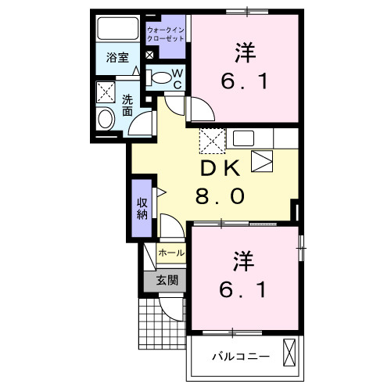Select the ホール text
pyautogui.click(x=171, y=253)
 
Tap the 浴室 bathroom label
pyautogui.click(x=118, y=57)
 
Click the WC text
pyautogui.click(x=177, y=78)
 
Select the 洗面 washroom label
pyautogui.click(x=127, y=106)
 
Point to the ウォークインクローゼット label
pyautogui.click(x=166, y=34)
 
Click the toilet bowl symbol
pyautogui.click(x=160, y=77)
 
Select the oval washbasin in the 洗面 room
pyautogui.click(x=106, y=120)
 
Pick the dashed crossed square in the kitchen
pyautogui.click(x=211, y=140)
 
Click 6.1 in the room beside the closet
pyautogui.click(x=245, y=81)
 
